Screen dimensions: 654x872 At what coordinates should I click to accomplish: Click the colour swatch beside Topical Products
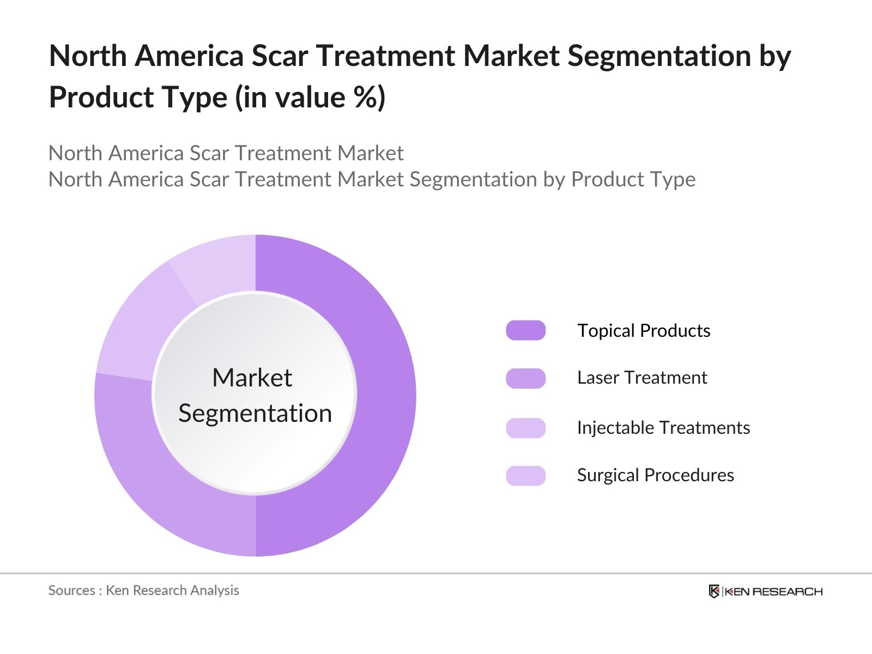pyautogui.click(x=525, y=330)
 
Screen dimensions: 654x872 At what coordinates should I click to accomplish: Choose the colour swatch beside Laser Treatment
pyautogui.click(x=525, y=378)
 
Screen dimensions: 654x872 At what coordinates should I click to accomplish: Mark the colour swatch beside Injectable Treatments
pyautogui.click(x=525, y=428)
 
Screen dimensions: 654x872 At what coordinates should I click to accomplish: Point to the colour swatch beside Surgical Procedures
pyautogui.click(x=525, y=475)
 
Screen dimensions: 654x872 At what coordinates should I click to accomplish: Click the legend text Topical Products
pyautogui.click(x=643, y=331)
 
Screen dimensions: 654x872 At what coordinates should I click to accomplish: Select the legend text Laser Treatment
pyautogui.click(x=641, y=378)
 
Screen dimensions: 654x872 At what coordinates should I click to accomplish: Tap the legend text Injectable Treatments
pyautogui.click(x=663, y=428)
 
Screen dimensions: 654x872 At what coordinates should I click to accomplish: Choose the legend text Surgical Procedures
pyautogui.click(x=655, y=475)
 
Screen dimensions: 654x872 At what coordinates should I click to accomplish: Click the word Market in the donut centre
pyautogui.click(x=252, y=378)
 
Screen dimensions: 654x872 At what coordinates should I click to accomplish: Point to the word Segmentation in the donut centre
pyautogui.click(x=255, y=413)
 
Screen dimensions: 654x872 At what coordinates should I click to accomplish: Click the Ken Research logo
pyautogui.click(x=765, y=591)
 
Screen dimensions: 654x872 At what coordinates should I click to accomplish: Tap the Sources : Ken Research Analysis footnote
pyautogui.click(x=143, y=590)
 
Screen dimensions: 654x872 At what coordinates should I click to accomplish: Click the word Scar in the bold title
pyautogui.click(x=279, y=56)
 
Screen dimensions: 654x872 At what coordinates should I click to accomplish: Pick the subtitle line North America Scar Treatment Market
pyautogui.click(x=226, y=153)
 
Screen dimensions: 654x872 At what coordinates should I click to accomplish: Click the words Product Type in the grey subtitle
pyautogui.click(x=633, y=179)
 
